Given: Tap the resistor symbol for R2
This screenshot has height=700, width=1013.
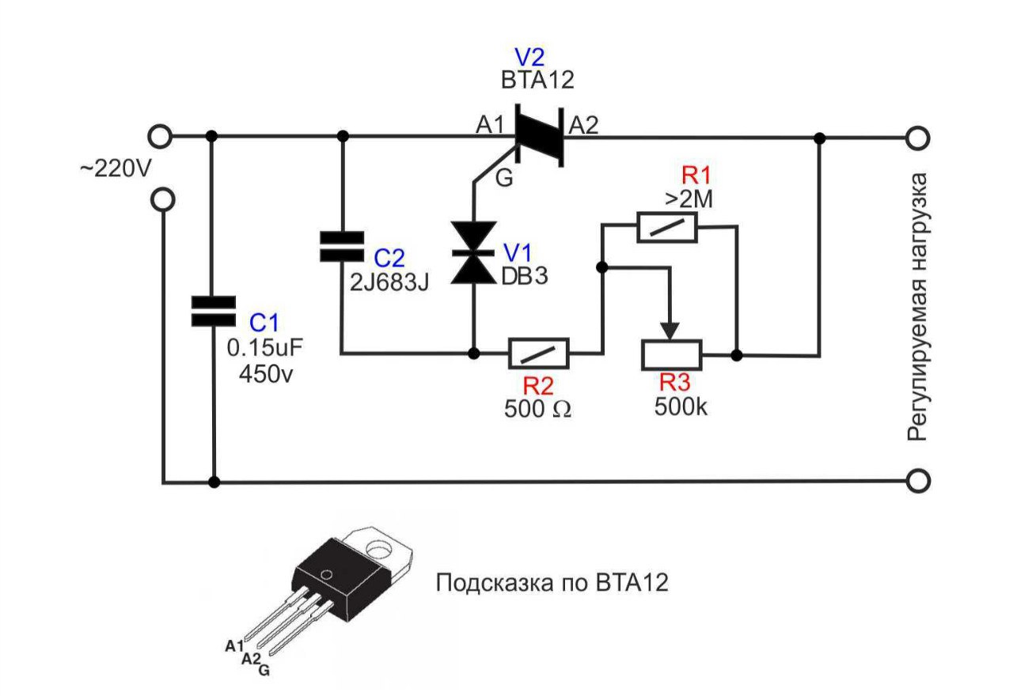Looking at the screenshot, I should click(x=538, y=354).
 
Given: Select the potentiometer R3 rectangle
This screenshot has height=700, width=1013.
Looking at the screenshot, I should click(x=670, y=354).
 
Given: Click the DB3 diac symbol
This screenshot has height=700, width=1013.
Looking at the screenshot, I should click(x=473, y=252).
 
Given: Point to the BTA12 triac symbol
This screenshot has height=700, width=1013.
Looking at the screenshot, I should click(x=539, y=136).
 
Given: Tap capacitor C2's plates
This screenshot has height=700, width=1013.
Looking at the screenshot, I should click(x=342, y=246).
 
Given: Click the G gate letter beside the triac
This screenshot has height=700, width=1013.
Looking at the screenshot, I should click(x=504, y=179).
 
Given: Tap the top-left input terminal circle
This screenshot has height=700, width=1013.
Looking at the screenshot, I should click(x=161, y=137).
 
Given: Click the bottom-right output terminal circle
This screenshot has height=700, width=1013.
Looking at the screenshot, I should click(x=917, y=480).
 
